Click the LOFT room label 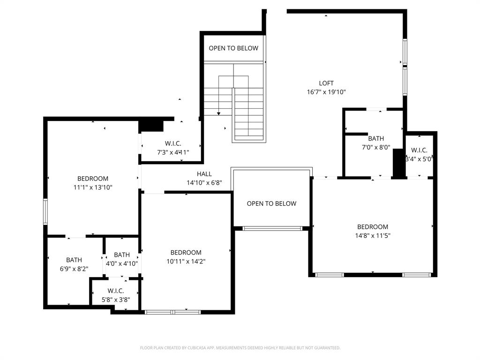(x=326, y=83)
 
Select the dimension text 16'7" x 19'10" (x=326, y=92)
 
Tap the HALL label (x=204, y=174)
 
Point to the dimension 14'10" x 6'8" (x=204, y=183)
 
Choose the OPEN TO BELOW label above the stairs (x=233, y=48)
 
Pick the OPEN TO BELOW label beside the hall (x=271, y=203)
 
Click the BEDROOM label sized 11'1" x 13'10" (x=93, y=179)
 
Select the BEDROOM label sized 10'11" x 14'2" (x=186, y=253)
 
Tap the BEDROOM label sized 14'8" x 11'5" (x=373, y=227)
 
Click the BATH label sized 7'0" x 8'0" (x=376, y=139)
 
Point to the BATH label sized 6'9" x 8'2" (x=74, y=260)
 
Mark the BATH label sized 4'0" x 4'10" (x=122, y=255)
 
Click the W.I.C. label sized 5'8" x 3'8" (x=115, y=291)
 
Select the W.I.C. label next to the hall (x=173, y=143)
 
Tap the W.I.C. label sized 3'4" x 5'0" (x=419, y=150)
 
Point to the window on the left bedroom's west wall (x=45, y=211)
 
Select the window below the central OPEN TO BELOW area (x=272, y=228)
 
